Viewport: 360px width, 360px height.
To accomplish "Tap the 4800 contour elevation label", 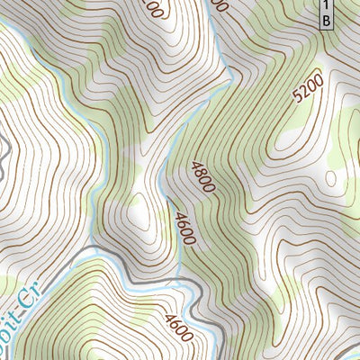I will pos(202,176).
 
